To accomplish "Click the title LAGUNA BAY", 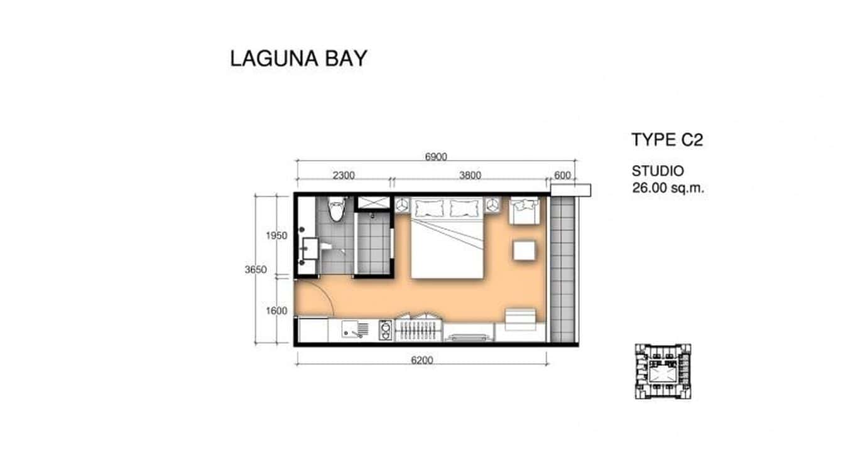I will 298,58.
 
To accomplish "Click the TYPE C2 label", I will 666,140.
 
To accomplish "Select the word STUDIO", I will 658,171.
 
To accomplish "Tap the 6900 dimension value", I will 436,157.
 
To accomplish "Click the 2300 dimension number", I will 344,176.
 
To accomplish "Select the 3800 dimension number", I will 469,176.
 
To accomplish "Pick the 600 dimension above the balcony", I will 563,176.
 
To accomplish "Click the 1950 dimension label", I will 276,236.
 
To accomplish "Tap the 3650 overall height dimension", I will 256,270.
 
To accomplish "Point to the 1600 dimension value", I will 276,311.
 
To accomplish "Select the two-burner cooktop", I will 385,330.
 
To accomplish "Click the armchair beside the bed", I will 524,210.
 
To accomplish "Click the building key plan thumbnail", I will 663,371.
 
